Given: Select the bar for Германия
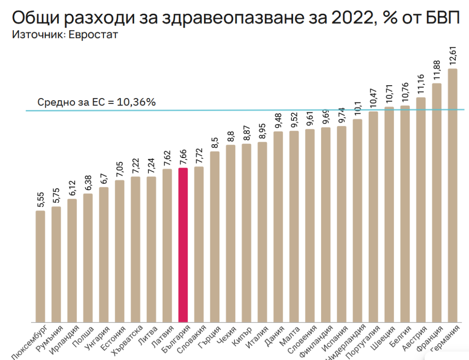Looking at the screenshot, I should click(x=453, y=197).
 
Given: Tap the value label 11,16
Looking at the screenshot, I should click(x=421, y=86).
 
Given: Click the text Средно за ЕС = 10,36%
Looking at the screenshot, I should click(x=97, y=102).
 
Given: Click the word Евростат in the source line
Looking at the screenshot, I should click(x=93, y=35).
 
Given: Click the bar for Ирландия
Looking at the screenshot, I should click(x=72, y=261).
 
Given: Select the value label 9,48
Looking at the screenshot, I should click(x=278, y=121).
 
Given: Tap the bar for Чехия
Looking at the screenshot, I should click(x=230, y=234).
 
